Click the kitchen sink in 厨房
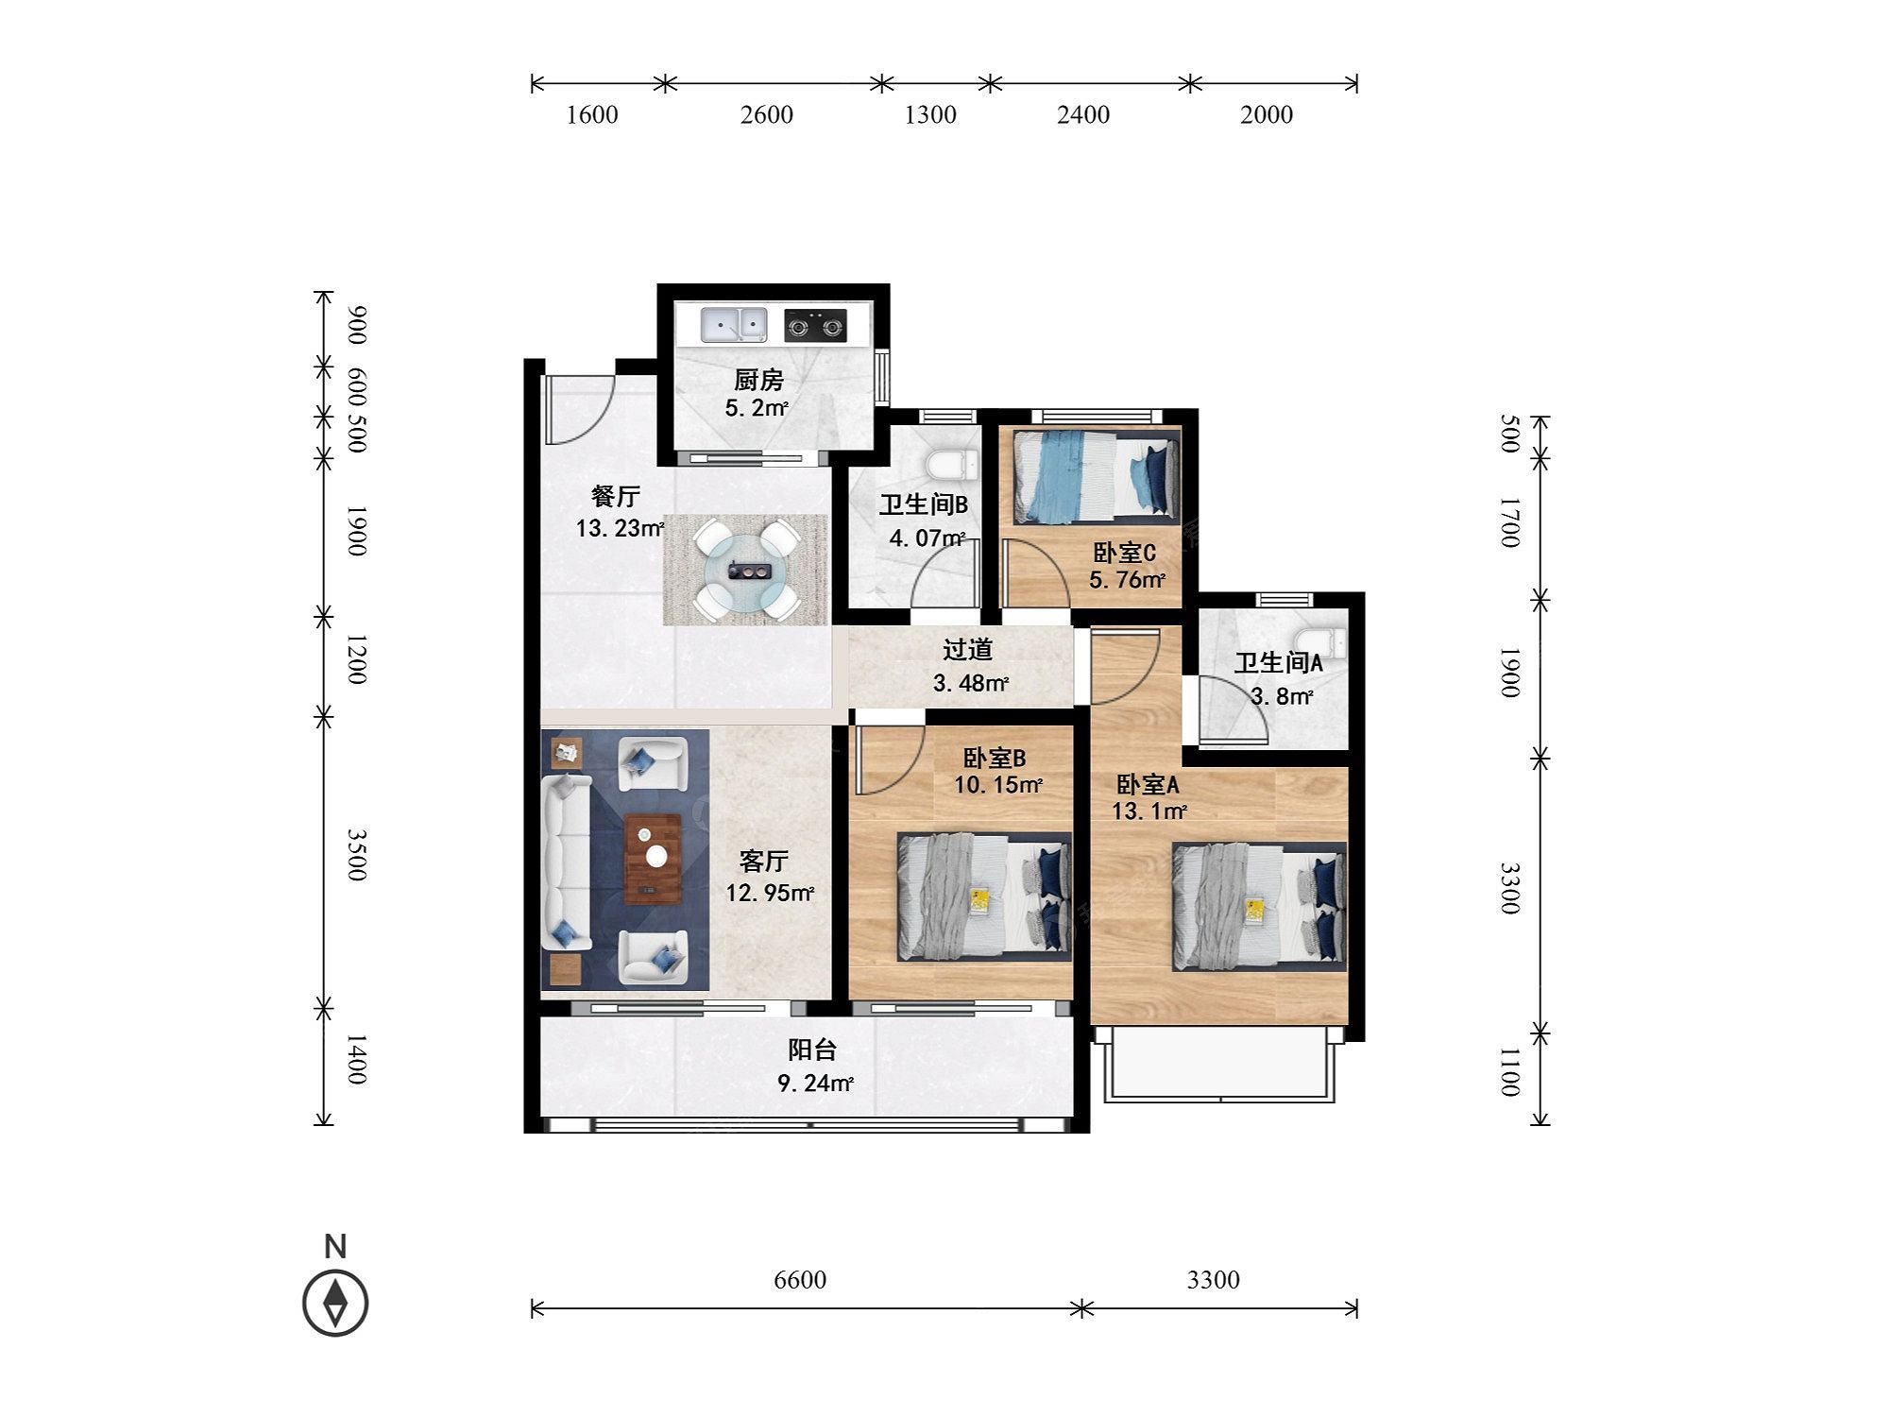coord(733,325)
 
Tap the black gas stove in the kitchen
coord(815,326)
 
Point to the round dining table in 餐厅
coord(745,570)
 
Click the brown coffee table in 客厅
coord(653,859)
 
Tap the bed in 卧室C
coord(1097,475)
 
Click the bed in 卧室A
coord(1259,907)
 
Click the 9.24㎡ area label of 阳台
coord(815,1084)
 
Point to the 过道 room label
coord(968,650)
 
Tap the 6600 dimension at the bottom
coord(800,1280)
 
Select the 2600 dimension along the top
coord(767,115)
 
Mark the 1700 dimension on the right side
coord(1509,522)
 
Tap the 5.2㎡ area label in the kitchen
coord(757,408)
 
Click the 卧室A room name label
coord(1148,784)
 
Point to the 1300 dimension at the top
coord(930,115)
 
